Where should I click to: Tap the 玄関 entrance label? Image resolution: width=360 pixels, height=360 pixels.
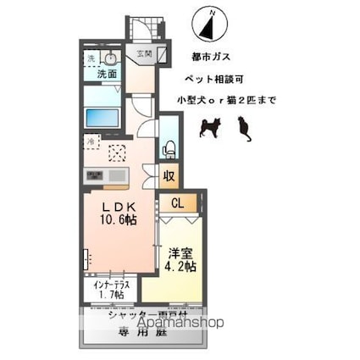pyautogui.click(x=144, y=54)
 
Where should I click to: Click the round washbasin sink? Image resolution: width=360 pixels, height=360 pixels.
pyautogui.click(x=110, y=58)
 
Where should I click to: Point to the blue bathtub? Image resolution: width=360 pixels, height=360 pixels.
pyautogui.click(x=104, y=117)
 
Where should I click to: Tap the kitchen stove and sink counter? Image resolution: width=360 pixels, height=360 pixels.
pyautogui.click(x=106, y=175)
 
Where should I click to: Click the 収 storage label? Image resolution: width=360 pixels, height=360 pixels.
pyautogui.click(x=169, y=176)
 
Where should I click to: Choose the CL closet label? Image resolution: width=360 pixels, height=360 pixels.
pyautogui.click(x=178, y=202)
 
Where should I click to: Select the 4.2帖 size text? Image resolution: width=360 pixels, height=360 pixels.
pyautogui.click(x=180, y=266)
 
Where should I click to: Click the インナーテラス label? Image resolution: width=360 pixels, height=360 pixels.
pyautogui.click(x=111, y=285)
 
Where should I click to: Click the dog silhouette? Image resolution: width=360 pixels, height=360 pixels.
pyautogui.click(x=208, y=127)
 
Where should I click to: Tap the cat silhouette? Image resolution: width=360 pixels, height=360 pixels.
pyautogui.click(x=245, y=128)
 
